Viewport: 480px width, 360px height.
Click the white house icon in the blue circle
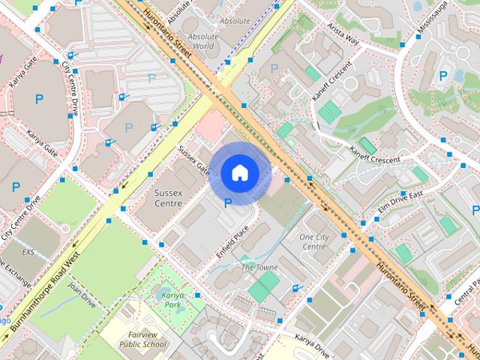tap(238, 172)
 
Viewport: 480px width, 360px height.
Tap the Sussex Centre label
tap(167, 197)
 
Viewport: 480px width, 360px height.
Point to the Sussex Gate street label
tap(193, 160)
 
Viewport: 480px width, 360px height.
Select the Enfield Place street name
tap(232, 241)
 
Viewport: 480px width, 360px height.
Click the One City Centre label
tap(313, 241)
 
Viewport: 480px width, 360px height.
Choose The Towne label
tap(259, 268)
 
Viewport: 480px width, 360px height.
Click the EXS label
tap(28, 252)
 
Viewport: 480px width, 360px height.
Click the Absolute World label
tap(202, 40)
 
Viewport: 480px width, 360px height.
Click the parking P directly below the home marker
tap(228, 201)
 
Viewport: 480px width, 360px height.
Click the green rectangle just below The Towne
tap(263, 287)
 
